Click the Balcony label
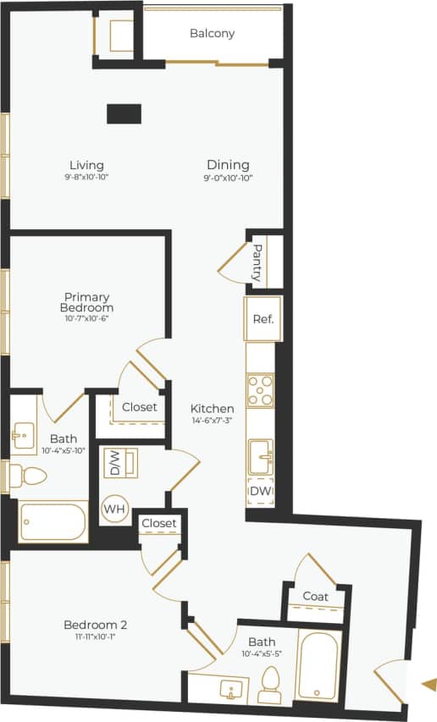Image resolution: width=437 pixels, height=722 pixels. click(212, 34)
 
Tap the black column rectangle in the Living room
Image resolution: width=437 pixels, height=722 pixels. click(124, 114)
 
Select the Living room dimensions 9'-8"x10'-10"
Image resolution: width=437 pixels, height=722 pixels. click(86, 178)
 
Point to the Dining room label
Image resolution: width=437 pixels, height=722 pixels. click(228, 164)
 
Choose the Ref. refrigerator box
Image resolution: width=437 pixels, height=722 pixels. click(262, 321)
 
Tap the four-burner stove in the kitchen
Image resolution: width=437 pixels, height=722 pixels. click(261, 390)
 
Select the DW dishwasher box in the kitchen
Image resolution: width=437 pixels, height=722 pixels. click(260, 492)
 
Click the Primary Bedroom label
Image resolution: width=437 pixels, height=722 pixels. click(86, 302)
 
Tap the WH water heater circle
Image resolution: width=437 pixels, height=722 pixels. click(114, 510)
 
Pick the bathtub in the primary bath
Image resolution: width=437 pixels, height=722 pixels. click(53, 522)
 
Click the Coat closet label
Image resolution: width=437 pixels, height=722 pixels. click(315, 597)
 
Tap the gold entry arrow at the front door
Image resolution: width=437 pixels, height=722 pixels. click(429, 684)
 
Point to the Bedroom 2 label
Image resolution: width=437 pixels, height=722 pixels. click(95, 625)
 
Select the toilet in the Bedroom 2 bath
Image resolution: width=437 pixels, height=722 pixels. click(270, 686)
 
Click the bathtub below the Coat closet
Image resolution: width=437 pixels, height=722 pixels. click(318, 665)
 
